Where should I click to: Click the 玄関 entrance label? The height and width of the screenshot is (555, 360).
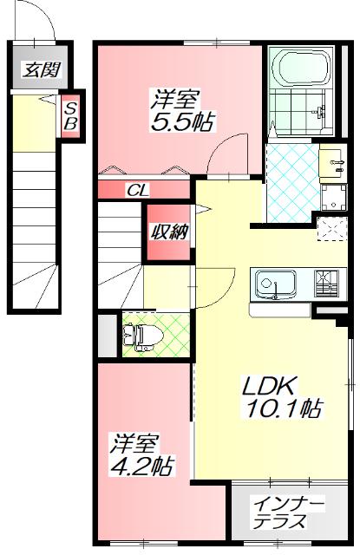pyautogui.click(x=36, y=70)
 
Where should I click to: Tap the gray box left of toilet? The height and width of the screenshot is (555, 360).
pyautogui.click(x=105, y=336)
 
